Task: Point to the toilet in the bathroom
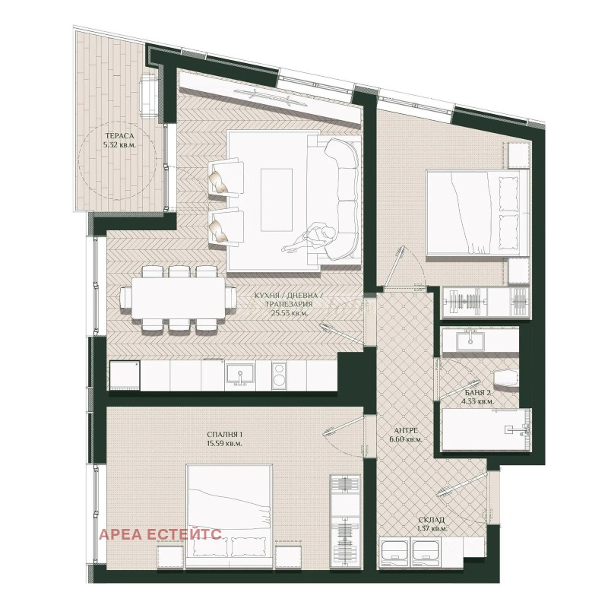pyautogui.click(x=504, y=377)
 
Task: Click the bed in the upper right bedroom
pyautogui.click(x=477, y=212)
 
